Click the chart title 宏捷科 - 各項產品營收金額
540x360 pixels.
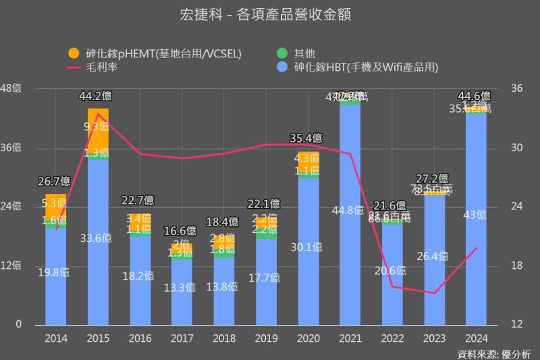pos(270,14)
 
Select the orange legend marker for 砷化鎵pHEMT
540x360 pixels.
pos(74,53)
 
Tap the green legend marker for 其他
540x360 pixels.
pos(282,53)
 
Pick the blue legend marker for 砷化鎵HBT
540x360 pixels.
pos(282,67)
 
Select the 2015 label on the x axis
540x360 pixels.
pos(98,338)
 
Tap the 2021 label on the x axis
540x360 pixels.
pos(350,338)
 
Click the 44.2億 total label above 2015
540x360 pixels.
pos(98,95)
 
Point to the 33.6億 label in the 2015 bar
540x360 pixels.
pos(98,238)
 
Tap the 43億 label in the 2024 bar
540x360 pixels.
pos(476,215)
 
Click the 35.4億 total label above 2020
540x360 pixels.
pos(308,138)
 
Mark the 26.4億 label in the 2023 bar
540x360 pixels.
pos(434,256)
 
